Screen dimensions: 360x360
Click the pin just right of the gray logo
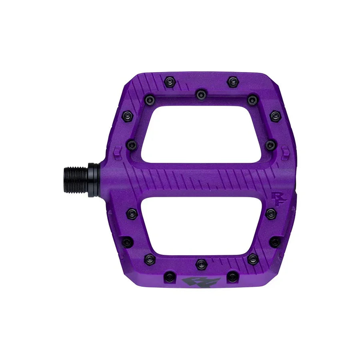click(232, 276)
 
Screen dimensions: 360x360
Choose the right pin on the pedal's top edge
click(232, 82)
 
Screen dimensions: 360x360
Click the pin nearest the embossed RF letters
click(271, 213)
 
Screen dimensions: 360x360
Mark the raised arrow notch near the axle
click(117, 152)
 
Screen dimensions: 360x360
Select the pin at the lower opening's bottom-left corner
click(150, 259)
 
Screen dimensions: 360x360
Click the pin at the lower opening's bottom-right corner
click(252, 258)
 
